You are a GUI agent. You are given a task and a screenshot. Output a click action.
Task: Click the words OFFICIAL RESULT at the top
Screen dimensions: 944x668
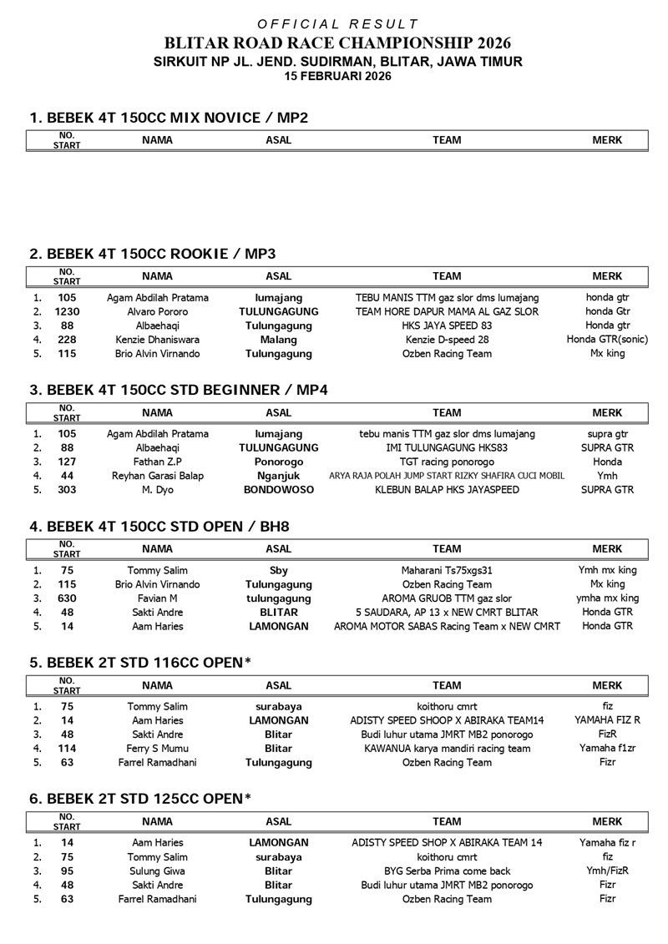click(x=337, y=24)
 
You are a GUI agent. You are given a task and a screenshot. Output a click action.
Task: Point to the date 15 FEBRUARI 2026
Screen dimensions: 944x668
click(x=337, y=76)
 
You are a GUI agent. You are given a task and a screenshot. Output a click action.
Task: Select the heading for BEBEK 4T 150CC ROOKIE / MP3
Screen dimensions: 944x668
click(x=152, y=254)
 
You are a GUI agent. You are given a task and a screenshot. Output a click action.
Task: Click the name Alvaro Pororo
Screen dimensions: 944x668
click(x=158, y=311)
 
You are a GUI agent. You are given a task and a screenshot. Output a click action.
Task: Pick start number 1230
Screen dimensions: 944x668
click(x=67, y=311)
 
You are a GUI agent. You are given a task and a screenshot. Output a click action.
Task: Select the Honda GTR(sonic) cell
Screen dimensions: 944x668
click(x=608, y=340)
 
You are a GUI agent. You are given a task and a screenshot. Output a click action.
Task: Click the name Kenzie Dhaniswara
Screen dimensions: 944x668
click(x=158, y=340)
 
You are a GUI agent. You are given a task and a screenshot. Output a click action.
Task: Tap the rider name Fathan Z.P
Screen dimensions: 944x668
click(x=158, y=462)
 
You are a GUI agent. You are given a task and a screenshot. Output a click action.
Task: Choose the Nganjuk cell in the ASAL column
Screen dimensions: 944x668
click(x=278, y=476)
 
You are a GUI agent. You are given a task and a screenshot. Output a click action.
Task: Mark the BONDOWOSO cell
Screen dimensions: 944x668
click(x=278, y=490)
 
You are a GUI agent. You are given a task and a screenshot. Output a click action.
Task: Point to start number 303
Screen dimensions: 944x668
click(x=67, y=490)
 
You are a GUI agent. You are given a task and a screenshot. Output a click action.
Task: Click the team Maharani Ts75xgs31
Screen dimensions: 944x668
click(x=447, y=570)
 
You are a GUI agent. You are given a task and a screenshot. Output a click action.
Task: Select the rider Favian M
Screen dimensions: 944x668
click(x=158, y=598)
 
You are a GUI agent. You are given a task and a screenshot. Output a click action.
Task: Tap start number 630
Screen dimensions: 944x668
click(x=67, y=598)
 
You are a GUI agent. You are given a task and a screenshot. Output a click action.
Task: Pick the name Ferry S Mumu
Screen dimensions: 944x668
click(x=158, y=748)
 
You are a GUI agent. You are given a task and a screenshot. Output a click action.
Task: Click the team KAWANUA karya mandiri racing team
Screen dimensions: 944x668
click(x=447, y=748)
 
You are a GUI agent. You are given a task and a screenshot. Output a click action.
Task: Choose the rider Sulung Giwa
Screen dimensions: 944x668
click(x=158, y=871)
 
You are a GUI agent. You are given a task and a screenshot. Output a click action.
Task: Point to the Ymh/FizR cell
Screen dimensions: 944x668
click(x=608, y=871)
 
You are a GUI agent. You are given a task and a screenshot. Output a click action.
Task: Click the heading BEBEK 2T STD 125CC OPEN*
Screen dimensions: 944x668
click(x=140, y=799)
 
